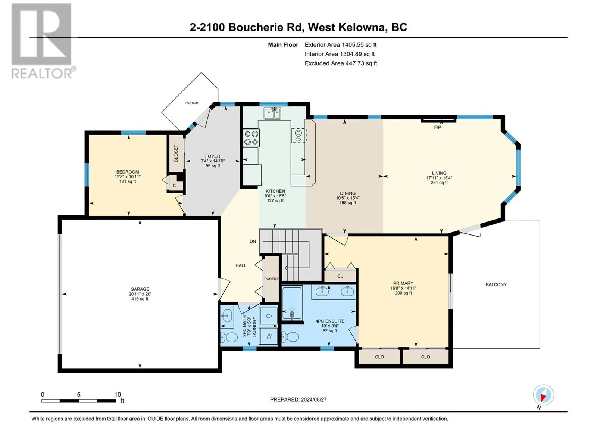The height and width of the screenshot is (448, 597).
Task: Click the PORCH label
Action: [191, 103]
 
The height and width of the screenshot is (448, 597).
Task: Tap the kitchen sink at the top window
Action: [272, 113]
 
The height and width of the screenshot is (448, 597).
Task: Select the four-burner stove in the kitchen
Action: [251, 138]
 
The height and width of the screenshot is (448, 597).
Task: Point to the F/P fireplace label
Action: [437, 127]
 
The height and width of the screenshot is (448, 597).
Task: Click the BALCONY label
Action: [496, 284]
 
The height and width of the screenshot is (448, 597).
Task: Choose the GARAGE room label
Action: [140, 289]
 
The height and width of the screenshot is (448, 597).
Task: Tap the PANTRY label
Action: [271, 279]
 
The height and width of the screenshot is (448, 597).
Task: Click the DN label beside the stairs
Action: [253, 241]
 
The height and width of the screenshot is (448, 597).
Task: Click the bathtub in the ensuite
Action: [292, 303]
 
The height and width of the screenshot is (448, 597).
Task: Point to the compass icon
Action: [543, 395]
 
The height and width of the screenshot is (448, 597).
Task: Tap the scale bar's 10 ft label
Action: [118, 394]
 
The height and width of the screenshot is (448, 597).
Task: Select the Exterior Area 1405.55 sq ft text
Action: [341, 44]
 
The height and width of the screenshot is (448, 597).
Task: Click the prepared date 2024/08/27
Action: [313, 399]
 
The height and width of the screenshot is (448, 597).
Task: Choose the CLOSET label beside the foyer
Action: [176, 154]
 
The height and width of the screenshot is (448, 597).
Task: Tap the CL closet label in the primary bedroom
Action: [340, 276]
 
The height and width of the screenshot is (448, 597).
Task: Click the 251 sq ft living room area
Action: [439, 183]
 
